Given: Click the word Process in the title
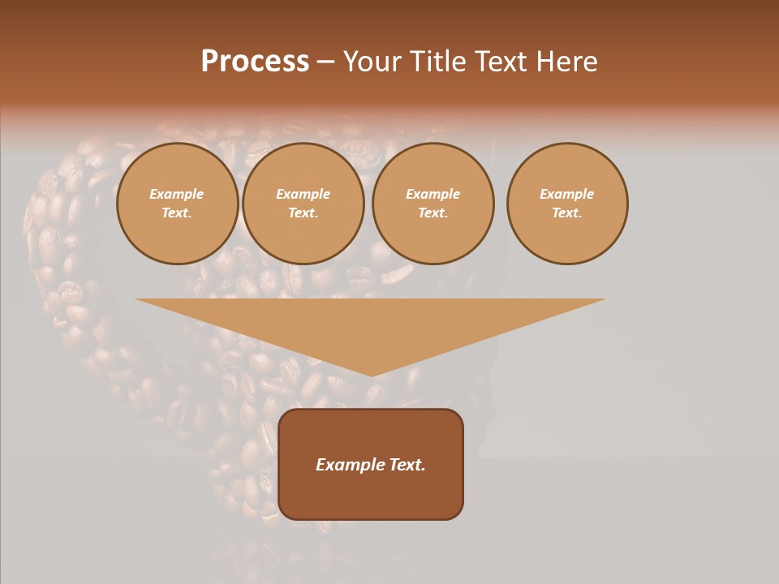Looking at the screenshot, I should [255, 62].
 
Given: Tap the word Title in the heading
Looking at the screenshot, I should [435, 62].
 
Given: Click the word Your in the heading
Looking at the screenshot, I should [372, 62].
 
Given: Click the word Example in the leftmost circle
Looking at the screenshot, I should [177, 194].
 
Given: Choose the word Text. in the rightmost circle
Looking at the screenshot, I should [567, 213].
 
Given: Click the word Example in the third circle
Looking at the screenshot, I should [433, 194].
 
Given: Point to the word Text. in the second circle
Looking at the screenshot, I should [303, 213].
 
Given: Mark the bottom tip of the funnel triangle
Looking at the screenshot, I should [372, 374].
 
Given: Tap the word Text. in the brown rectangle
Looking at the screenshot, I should [406, 465].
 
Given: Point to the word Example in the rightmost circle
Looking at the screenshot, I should [567, 194].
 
